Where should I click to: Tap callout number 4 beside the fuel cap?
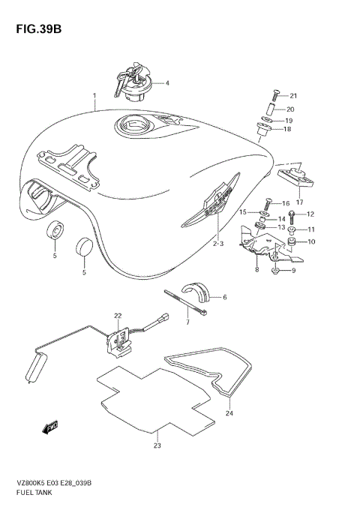pyautogui.click(x=167, y=83)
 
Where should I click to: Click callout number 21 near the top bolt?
pyautogui.click(x=294, y=95)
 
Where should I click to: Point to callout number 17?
pyautogui.click(x=298, y=201)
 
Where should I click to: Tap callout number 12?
pyautogui.click(x=310, y=214)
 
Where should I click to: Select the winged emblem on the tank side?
pyautogui.click(x=213, y=202)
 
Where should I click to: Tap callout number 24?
pyautogui.click(x=229, y=413)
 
